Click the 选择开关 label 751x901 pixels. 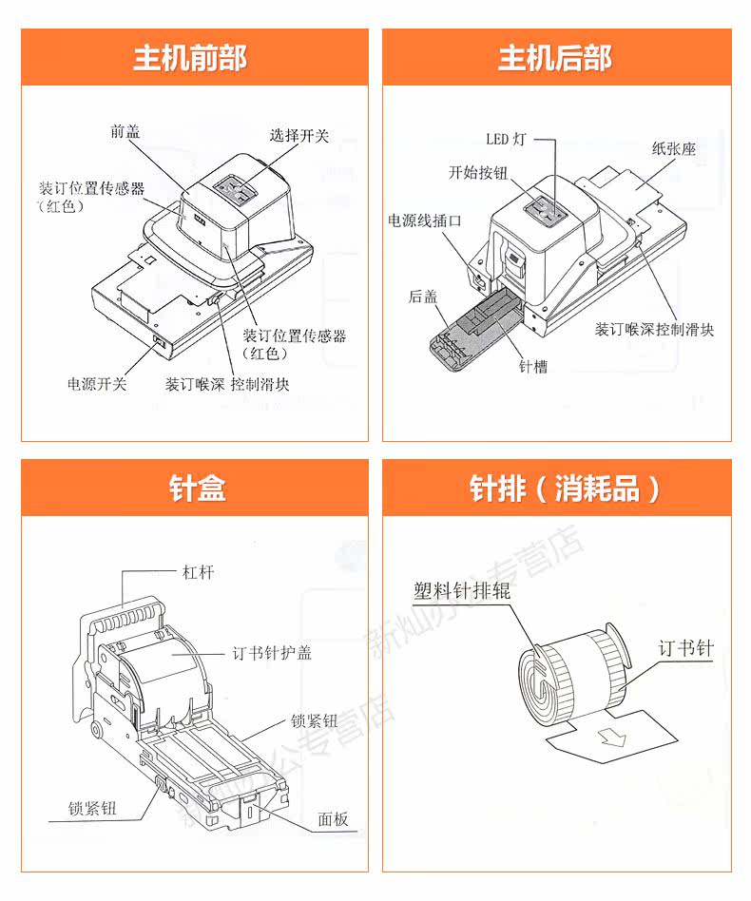pos(298,136)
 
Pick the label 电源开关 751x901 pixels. pos(97,384)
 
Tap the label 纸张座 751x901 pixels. pos(674,148)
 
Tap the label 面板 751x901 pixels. pos(334,818)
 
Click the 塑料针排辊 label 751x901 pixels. pos(461,590)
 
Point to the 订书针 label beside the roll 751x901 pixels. pos(685,649)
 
